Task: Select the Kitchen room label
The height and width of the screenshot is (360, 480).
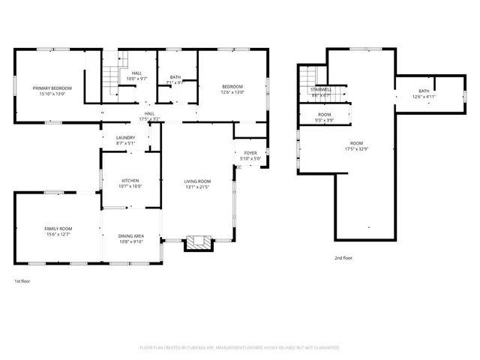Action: (131, 183)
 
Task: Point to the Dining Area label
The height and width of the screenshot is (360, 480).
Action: (131, 238)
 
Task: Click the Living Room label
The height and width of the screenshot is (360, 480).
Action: (198, 184)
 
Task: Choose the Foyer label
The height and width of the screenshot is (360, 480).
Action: (250, 155)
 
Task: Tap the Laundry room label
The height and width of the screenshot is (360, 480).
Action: (125, 140)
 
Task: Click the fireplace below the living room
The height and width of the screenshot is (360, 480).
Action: (199, 242)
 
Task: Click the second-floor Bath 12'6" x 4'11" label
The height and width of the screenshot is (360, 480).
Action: (424, 94)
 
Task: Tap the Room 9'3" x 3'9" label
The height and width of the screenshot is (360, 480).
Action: (324, 117)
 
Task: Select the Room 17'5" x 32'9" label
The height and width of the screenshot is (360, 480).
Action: (356, 145)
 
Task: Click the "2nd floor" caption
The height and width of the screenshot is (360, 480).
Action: (343, 257)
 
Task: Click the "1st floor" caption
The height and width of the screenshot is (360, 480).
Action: (22, 281)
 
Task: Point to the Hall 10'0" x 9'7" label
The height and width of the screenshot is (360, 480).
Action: (136, 76)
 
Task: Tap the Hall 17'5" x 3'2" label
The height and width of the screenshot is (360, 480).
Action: (149, 116)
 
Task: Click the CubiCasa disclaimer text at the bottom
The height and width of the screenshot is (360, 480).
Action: (239, 347)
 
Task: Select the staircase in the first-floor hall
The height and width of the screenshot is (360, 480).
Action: (111, 76)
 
